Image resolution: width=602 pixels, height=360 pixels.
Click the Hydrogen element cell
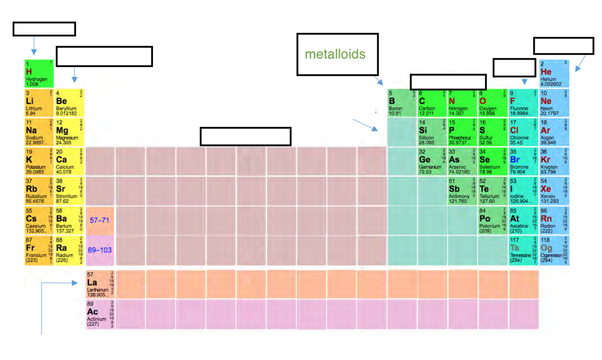tap(39, 74)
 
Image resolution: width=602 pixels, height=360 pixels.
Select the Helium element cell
tap(554, 74)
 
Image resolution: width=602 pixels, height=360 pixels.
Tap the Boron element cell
tap(402, 103)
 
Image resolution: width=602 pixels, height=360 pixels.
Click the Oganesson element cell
tap(554, 250)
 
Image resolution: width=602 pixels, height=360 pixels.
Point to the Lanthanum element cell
tap(100, 284)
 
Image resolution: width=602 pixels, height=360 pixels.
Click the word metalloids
tap(335, 54)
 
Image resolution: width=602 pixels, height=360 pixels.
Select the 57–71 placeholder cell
tap(100, 221)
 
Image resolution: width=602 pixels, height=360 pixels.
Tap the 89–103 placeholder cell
tap(100, 250)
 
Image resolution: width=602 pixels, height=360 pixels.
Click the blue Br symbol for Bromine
tap(515, 160)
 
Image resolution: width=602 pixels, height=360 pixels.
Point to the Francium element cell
tap(39, 250)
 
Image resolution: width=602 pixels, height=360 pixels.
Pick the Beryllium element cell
tap(69, 103)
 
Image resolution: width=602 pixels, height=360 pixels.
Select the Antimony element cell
tap(463, 191)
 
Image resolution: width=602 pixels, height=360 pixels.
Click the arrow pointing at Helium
tap(580, 64)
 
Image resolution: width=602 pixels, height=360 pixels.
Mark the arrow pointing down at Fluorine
tap(524, 81)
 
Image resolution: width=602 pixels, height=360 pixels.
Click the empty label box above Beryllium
tap(104, 56)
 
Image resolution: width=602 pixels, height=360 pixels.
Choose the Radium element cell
tap(69, 250)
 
